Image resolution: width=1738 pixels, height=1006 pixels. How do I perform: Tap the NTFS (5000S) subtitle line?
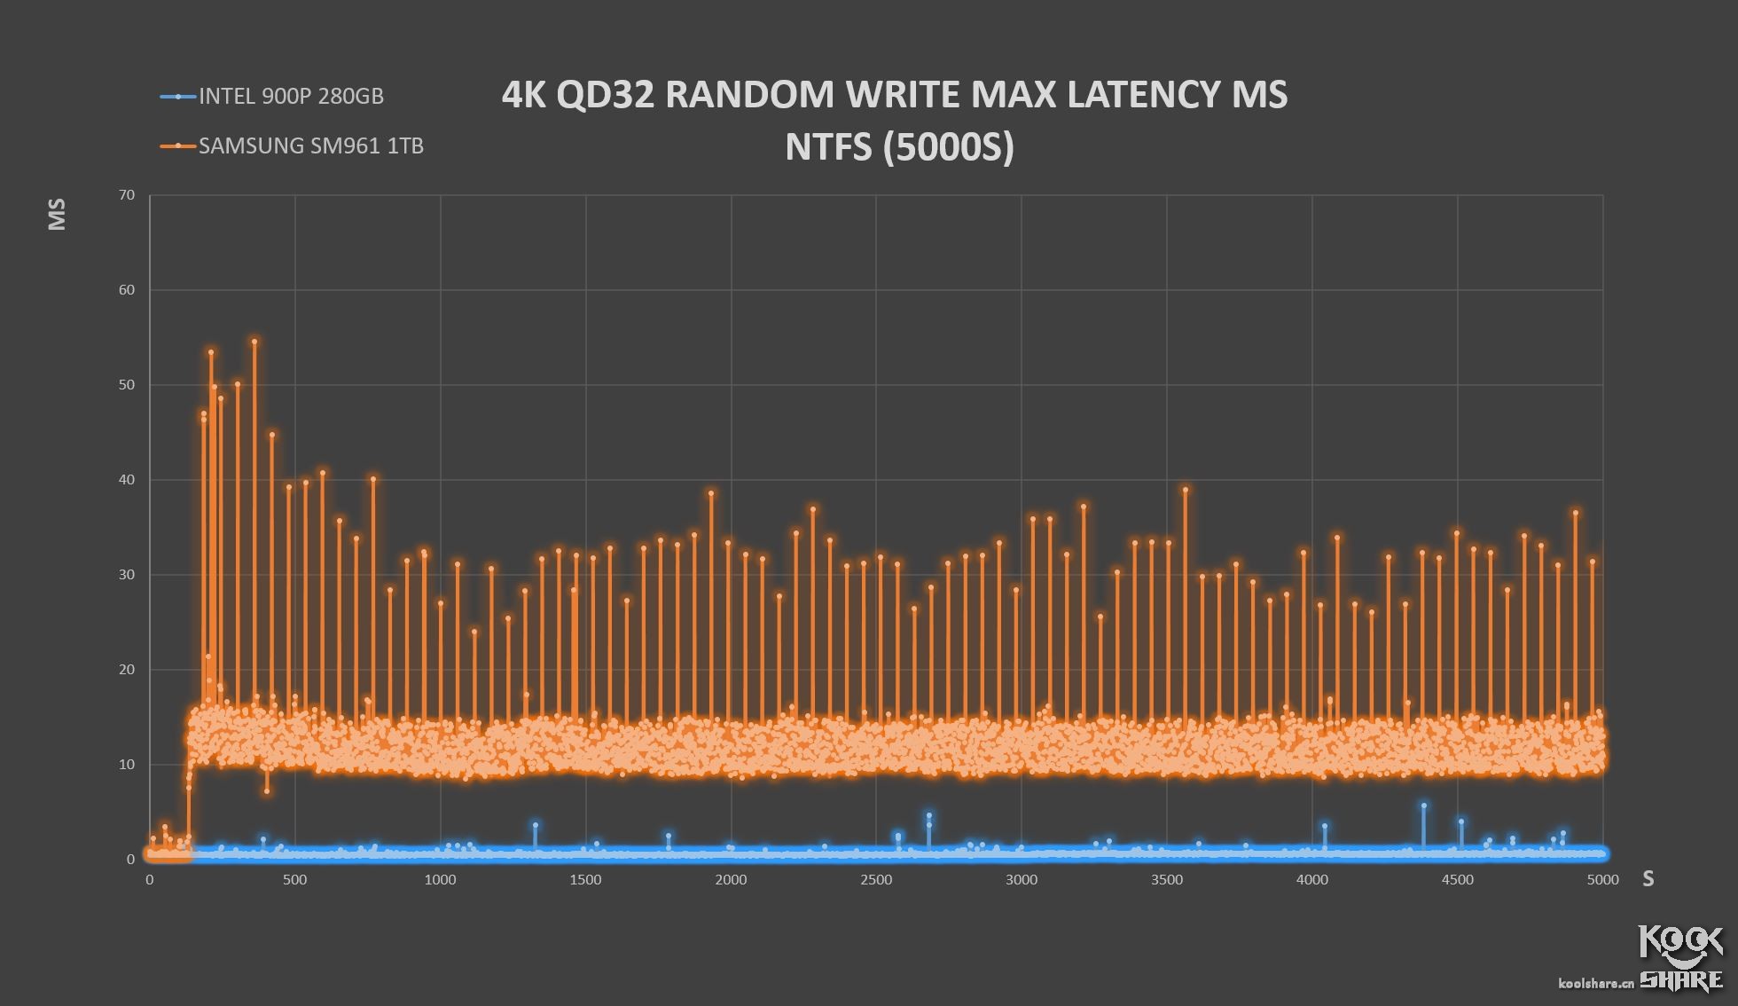point(899,146)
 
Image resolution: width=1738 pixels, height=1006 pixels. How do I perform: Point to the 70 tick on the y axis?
point(127,195)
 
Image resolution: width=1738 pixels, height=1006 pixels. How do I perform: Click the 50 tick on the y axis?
point(127,385)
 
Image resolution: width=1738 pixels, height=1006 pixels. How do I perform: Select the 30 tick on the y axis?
point(127,575)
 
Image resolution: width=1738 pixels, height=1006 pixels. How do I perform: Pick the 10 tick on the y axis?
point(127,765)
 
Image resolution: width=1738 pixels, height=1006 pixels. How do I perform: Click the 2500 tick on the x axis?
point(876,880)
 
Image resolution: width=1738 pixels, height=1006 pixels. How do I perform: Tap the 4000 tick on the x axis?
point(1312,880)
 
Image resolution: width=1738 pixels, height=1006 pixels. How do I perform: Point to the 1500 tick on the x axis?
point(585,880)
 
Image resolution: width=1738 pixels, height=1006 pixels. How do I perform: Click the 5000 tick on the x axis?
point(1602,880)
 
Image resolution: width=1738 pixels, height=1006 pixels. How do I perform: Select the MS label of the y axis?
point(57,214)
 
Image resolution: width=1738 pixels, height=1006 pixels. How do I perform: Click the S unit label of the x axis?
point(1648,879)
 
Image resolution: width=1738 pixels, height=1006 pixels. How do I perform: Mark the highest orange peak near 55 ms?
point(254,342)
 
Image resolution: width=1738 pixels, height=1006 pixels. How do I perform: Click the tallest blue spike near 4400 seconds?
point(1424,806)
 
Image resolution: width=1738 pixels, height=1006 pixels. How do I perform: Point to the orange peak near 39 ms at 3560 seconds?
point(1186,490)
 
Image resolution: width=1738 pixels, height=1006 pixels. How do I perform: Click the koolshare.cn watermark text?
point(1595,983)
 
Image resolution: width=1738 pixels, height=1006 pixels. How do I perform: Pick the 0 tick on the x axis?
point(150,880)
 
